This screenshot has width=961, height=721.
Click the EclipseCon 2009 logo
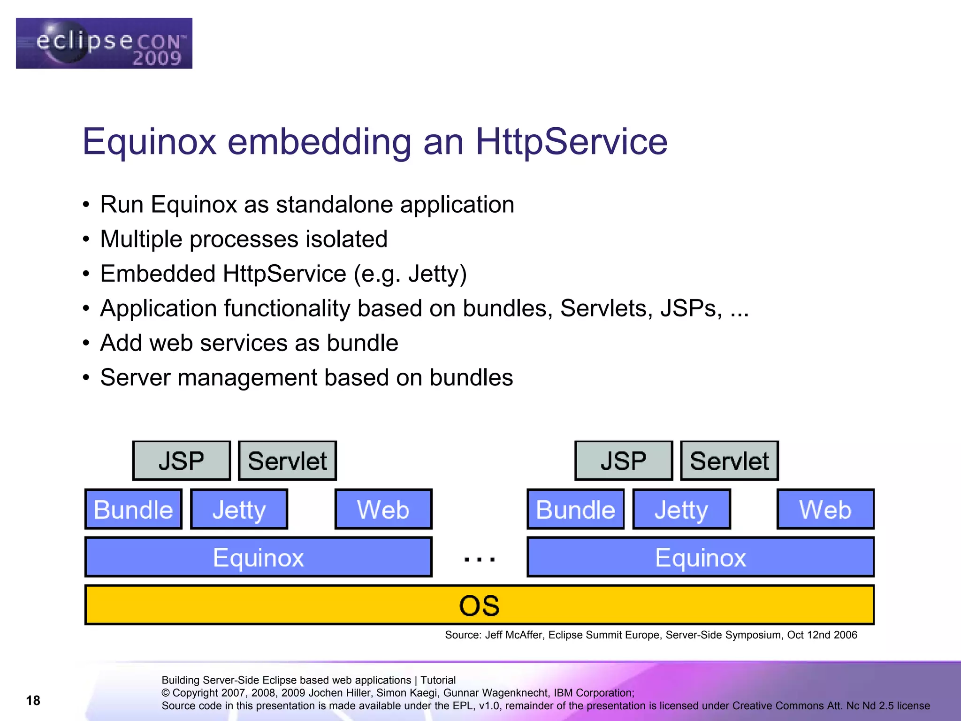104,43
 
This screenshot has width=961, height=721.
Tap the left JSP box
182,460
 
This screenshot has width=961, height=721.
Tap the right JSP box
624,460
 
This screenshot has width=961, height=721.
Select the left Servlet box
287,460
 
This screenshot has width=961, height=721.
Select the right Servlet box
729,460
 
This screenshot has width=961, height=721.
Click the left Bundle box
133,509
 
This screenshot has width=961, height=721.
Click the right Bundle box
575,509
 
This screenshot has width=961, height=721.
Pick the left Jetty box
239,509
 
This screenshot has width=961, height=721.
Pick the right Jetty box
681,509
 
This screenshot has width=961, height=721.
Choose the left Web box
383,509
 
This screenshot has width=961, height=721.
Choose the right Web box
825,509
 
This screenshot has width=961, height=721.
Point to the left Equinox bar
258,557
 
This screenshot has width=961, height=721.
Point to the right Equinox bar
701,557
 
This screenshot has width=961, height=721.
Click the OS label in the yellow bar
479,606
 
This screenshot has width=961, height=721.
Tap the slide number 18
33,700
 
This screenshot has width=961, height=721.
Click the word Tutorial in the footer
438,680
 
